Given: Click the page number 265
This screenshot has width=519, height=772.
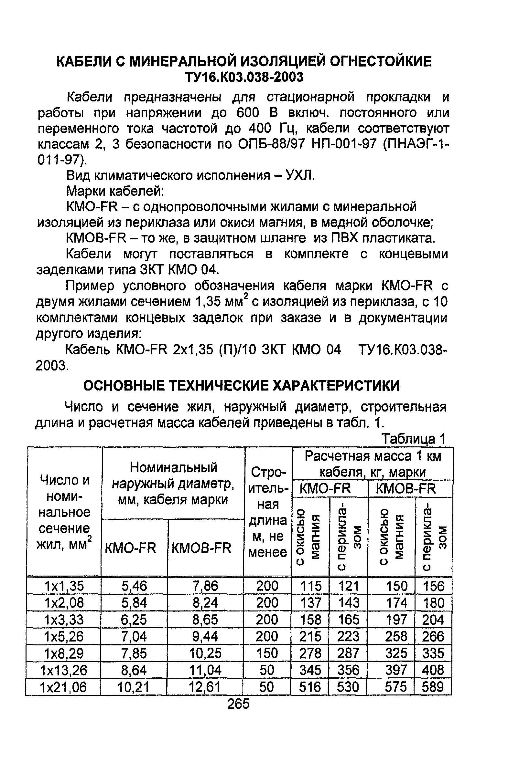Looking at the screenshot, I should coord(238,704).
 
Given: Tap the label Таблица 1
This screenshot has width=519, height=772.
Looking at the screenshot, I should coord(414,439).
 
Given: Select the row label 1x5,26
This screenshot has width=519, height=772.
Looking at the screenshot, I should coord(64,636).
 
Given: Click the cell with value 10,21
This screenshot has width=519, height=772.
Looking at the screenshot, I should coord(134,687).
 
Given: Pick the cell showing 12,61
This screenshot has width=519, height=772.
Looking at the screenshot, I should coord(205,687).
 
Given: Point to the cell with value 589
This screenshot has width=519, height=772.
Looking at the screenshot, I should coord(433,687).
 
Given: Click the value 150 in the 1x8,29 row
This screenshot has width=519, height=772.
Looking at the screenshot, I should coord(267,653).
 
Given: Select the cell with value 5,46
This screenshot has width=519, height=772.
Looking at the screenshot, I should coord(134,586).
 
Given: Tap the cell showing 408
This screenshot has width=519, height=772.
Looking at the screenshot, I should coord(433,670).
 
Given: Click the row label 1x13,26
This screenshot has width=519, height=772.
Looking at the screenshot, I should coord(64,670).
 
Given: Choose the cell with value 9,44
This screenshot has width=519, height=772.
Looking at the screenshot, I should coord(205,636).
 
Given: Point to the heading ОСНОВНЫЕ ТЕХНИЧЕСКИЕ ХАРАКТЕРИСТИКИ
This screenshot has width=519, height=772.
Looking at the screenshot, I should coord(241,385).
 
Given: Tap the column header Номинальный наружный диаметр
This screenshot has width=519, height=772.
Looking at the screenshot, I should coord(173,483).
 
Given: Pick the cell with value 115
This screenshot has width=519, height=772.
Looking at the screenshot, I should coord(310,586).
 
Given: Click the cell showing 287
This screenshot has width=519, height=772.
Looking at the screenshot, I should coord(348,653).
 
